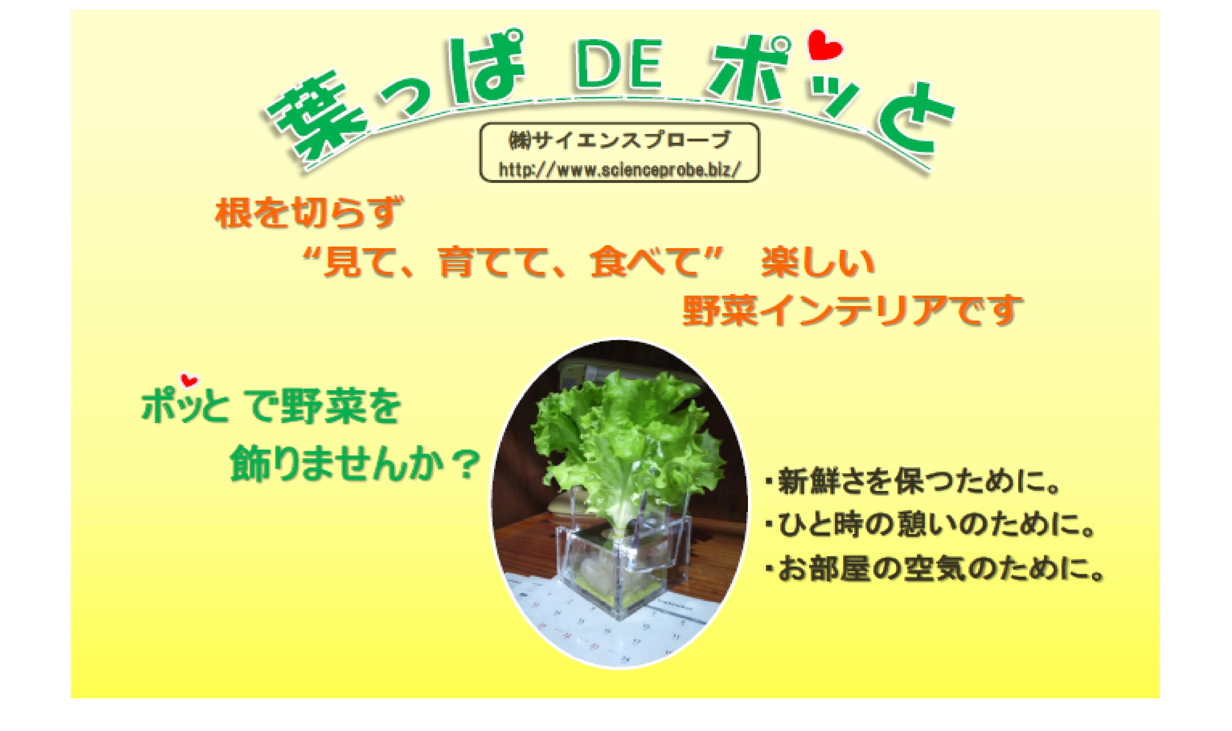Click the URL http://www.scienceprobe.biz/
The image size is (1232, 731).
620,169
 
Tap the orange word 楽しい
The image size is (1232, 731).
818,262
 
